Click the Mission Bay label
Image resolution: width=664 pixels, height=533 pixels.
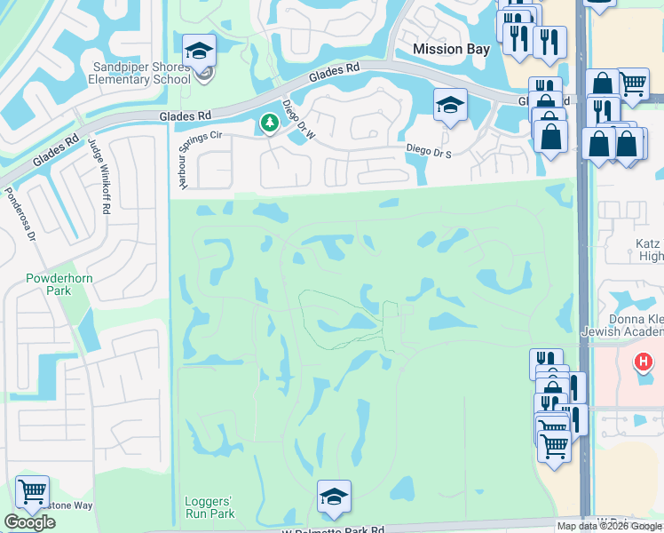452,50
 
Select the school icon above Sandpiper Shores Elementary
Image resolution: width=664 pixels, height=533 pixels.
200,51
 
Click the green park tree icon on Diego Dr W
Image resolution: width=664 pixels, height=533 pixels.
266,123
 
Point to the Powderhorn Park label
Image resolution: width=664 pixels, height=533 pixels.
59,283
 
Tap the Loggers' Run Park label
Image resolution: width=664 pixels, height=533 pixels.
209,507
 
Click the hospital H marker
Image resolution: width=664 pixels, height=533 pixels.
642,362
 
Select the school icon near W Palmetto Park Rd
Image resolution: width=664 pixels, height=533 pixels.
334,497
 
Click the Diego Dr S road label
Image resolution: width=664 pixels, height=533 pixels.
430,152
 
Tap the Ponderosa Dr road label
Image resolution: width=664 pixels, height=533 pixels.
19,213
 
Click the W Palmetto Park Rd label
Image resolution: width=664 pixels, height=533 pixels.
333,529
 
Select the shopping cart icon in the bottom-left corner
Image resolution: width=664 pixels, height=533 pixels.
32,490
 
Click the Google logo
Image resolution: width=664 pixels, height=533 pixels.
29,522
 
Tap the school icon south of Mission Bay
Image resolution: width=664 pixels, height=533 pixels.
450,105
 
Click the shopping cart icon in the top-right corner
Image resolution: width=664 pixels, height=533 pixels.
632,84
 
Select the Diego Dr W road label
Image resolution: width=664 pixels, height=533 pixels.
298,120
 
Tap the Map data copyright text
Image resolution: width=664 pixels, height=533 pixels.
609,526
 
